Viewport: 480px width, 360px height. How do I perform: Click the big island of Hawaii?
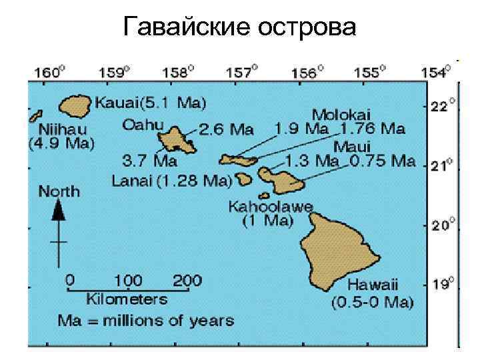tap(340, 243)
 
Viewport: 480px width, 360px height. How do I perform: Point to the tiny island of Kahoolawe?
tap(265, 196)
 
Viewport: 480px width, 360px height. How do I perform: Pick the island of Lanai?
tap(243, 179)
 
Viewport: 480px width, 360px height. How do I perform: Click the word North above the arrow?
tap(59, 191)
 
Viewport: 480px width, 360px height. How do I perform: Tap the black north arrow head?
tap(59, 211)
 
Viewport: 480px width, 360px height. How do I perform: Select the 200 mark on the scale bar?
tap(187, 279)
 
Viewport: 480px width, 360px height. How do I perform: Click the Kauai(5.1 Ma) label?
tap(151, 103)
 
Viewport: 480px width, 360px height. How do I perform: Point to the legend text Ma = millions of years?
tap(146, 320)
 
